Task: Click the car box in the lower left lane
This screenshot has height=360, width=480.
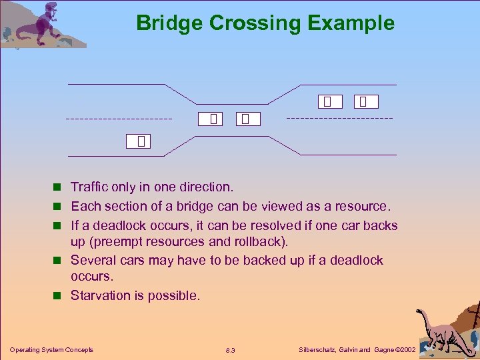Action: click(x=141, y=141)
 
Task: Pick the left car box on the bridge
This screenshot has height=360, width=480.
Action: click(x=213, y=119)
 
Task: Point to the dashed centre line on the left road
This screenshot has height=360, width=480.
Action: click(x=119, y=119)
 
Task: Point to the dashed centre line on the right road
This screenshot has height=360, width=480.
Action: click(x=339, y=118)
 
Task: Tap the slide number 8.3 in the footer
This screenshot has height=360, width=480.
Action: click(x=231, y=350)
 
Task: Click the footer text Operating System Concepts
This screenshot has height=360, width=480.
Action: click(x=51, y=349)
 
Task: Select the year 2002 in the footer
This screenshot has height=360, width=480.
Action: click(x=405, y=349)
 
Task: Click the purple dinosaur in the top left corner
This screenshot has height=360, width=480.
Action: click(x=44, y=24)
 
